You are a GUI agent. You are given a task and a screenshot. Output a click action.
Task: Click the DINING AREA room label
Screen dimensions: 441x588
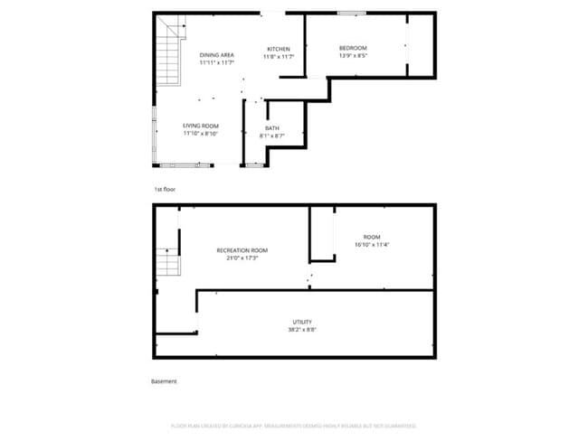[216, 55]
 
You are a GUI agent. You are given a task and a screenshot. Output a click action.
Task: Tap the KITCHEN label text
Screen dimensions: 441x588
[278, 48]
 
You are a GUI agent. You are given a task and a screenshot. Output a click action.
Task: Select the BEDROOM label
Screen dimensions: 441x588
[353, 48]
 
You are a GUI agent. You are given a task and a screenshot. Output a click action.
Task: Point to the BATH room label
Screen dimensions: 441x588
[271, 128]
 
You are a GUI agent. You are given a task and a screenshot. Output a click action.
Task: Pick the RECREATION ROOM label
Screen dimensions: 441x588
[242, 250]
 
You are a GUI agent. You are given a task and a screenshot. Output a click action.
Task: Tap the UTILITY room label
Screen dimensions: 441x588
[302, 322]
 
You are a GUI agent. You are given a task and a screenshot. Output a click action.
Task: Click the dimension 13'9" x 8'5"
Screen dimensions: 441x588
[353, 56]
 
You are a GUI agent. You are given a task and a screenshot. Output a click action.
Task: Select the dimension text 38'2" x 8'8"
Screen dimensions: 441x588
[302, 330]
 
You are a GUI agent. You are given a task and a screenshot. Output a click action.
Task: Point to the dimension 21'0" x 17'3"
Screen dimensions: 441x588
[242, 258]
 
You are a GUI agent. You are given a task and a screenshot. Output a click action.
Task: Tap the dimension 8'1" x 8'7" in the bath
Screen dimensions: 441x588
[271, 136]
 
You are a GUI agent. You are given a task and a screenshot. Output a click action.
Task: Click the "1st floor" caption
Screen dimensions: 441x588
[164, 190]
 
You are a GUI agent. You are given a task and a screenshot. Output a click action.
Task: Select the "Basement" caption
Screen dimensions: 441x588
[164, 381]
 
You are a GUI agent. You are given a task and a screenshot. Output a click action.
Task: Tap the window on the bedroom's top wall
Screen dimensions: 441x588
[351, 14]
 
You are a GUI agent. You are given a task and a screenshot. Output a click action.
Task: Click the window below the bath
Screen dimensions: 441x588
[254, 165]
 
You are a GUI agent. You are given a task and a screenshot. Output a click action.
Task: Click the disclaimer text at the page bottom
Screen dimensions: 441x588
[293, 425]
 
